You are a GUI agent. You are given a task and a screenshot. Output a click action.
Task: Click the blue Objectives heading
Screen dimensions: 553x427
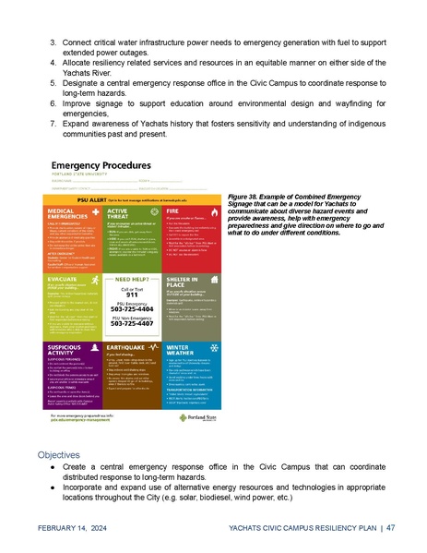60,455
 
